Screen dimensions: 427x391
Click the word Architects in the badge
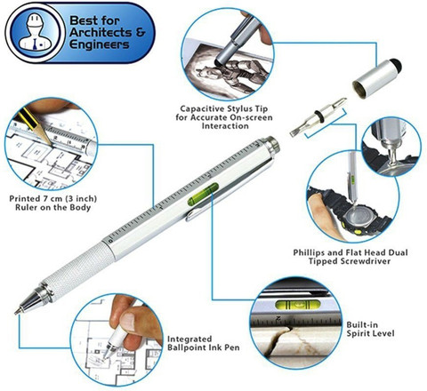coord(101,33)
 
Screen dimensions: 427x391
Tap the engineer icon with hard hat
coord(35,32)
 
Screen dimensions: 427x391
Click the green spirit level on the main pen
coord(203,194)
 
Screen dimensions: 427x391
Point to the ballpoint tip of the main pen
coord(16,313)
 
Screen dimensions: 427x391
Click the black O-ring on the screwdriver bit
coord(318,116)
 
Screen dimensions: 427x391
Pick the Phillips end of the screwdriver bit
coord(342,101)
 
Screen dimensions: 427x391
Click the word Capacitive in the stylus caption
coord(203,108)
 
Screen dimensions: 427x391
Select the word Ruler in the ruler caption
coord(26,207)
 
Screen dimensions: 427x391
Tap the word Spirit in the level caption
coord(359,333)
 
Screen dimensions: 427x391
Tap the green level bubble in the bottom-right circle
coord(298,304)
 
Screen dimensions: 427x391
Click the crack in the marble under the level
coord(278,340)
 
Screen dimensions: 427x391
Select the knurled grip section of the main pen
coord(77,270)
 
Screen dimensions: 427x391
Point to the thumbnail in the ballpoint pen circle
coord(128,320)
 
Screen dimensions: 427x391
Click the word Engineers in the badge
coord(100,44)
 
